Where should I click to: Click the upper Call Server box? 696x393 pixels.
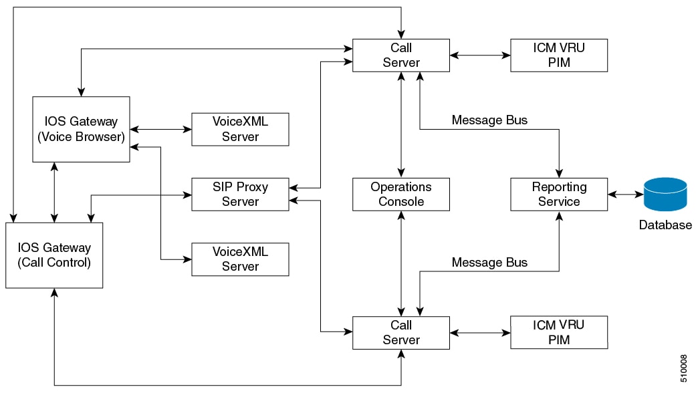click(x=401, y=55)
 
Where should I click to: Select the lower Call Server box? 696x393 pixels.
click(x=401, y=332)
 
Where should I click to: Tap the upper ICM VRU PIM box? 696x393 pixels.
click(x=559, y=55)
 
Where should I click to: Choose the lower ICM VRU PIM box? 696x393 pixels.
click(x=559, y=332)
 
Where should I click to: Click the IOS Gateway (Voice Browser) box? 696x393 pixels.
click(x=81, y=129)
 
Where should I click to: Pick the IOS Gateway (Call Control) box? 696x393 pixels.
click(x=54, y=255)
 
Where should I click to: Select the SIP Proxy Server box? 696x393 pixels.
click(x=240, y=194)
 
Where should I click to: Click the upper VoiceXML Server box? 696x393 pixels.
click(x=240, y=129)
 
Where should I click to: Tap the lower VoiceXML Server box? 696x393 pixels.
click(x=240, y=259)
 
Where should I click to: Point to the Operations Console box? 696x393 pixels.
click(x=401, y=194)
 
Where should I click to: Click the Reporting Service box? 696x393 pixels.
click(x=559, y=194)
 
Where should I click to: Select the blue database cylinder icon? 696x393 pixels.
click(x=665, y=194)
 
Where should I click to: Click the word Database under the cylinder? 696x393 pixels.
click(x=665, y=225)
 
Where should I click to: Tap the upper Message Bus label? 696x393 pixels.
click(x=489, y=120)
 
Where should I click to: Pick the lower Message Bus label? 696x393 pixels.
click(x=489, y=263)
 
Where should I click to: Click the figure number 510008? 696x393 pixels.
click(x=683, y=368)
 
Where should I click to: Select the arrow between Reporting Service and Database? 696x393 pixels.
click(x=625, y=194)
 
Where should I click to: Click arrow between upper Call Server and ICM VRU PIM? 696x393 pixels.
click(x=480, y=55)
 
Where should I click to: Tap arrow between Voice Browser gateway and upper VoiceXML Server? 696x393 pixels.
click(x=160, y=129)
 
